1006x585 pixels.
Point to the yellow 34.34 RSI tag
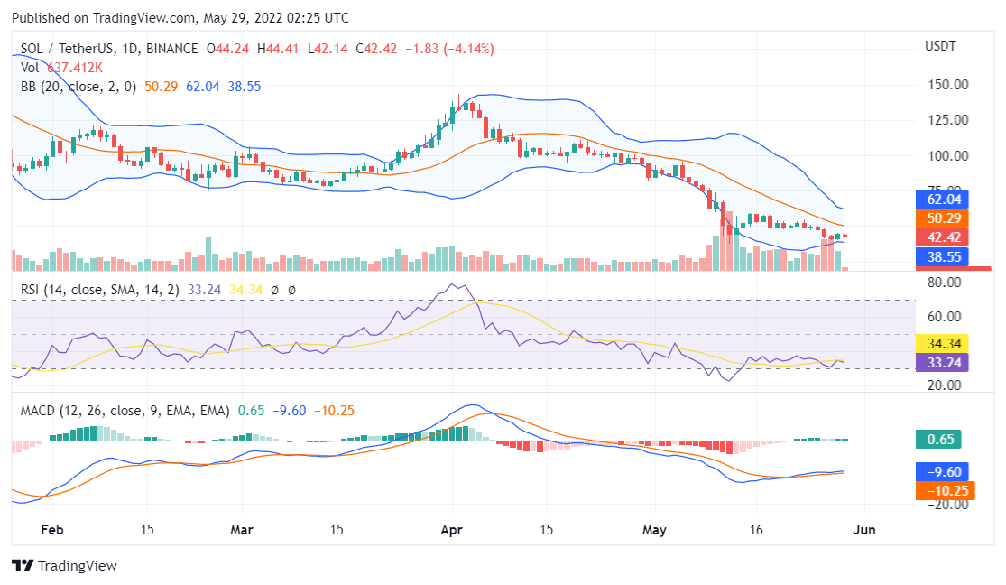[x=941, y=344]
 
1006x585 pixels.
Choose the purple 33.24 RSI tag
[x=941, y=363]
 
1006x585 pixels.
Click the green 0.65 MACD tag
[x=937, y=440]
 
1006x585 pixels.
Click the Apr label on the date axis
[x=451, y=531]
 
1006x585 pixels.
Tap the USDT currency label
[x=940, y=46]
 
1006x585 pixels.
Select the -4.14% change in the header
[x=465, y=49]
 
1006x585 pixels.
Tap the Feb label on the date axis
[x=53, y=531]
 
